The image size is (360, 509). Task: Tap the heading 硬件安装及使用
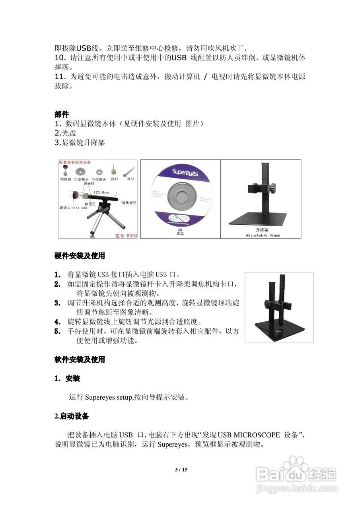pos(80,256)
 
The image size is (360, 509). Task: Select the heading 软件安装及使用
pos(80,359)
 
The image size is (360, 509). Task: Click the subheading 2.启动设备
pos(72,416)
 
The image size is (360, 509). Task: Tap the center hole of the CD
pos(181,198)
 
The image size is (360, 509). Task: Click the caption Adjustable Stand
pos(263,235)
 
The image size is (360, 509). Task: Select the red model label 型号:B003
pos(126,236)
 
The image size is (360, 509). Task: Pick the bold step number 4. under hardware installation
pos(58,322)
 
